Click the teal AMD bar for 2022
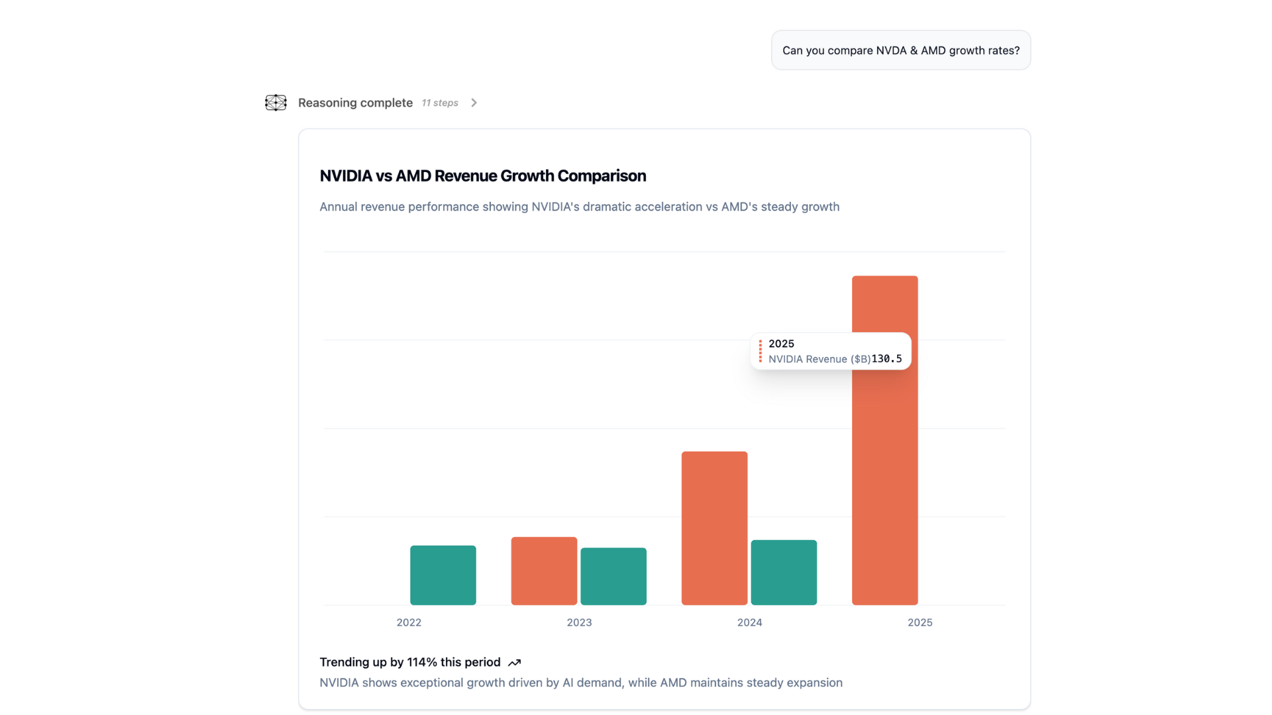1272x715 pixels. (443, 575)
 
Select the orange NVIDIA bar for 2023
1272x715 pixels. (544, 571)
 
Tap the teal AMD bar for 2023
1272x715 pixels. (613, 576)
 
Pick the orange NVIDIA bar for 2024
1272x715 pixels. (714, 528)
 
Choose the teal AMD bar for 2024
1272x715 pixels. (784, 572)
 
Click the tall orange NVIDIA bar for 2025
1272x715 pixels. (884, 477)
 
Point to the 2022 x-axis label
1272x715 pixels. (409, 622)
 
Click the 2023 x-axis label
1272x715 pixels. (579, 622)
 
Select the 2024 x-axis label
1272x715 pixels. (749, 622)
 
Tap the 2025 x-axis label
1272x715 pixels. (920, 622)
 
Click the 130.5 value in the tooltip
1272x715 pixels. (886, 359)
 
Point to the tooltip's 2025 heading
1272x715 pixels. (781, 344)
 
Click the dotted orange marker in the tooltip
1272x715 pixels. (760, 352)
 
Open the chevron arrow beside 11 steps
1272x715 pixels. (474, 103)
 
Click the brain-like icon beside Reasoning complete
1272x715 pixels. (276, 103)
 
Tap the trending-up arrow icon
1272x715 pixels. (514, 663)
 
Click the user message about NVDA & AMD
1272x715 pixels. (900, 50)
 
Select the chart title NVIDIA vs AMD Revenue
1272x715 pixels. (482, 175)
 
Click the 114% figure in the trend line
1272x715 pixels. (422, 662)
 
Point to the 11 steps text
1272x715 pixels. (440, 103)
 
